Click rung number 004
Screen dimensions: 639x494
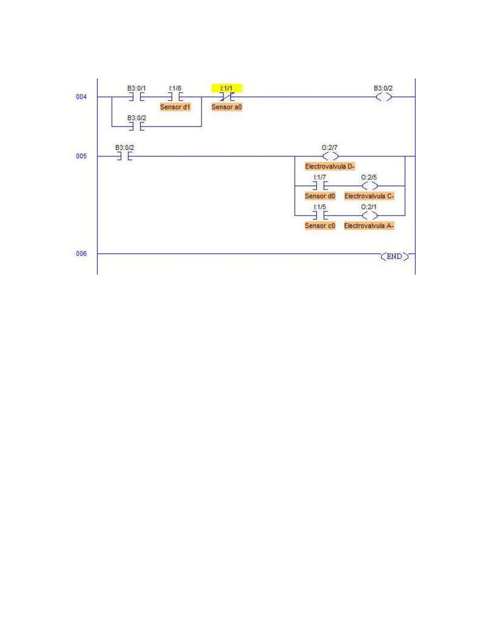(x=81, y=97)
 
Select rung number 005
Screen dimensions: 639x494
(x=81, y=156)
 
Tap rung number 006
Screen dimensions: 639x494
(x=81, y=254)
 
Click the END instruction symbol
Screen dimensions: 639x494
(x=394, y=257)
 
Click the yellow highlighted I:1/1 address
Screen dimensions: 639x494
(x=226, y=88)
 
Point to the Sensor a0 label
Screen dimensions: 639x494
(x=226, y=107)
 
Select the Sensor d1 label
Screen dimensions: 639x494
(x=175, y=107)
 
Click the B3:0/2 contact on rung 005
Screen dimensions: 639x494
(x=125, y=156)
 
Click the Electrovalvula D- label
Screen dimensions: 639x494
(x=330, y=166)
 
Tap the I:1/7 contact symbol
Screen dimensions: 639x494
(x=320, y=186)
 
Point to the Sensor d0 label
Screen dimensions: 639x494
(x=320, y=196)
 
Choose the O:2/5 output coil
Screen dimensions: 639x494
(x=369, y=186)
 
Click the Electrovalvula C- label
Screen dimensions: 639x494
(x=369, y=196)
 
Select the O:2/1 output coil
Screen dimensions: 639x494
(x=369, y=216)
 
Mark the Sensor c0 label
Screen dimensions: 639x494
(x=320, y=226)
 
